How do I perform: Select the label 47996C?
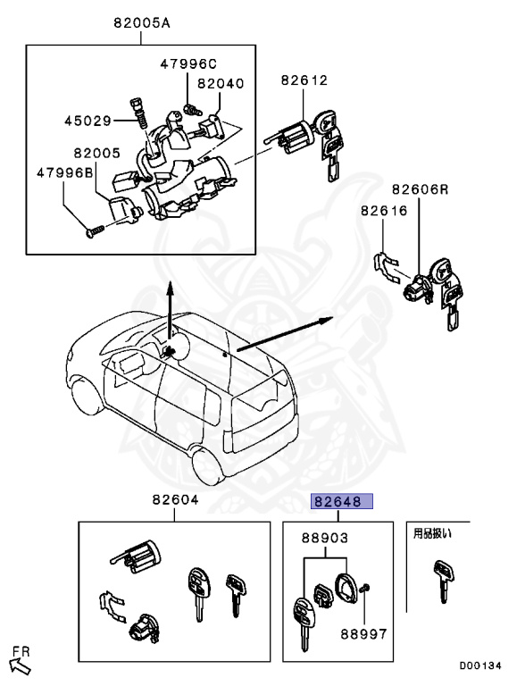(188, 63)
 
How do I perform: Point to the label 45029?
(87, 120)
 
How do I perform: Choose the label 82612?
(304, 80)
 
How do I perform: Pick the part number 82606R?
(421, 190)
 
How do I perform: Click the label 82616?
(384, 211)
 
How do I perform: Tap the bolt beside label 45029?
(138, 112)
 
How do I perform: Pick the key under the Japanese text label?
(440, 579)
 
